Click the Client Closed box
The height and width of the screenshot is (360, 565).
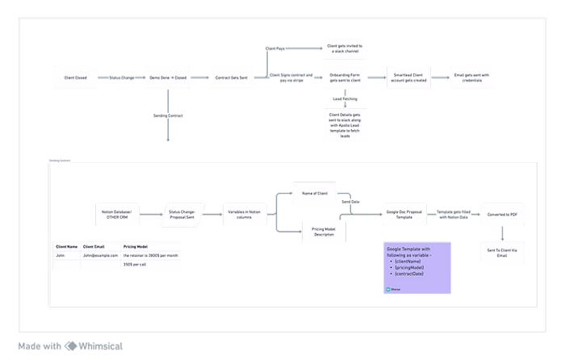pos(75,78)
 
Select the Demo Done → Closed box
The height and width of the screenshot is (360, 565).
pos(168,78)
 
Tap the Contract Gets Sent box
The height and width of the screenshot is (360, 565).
pos(232,78)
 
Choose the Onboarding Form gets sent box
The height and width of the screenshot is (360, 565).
pos(345,78)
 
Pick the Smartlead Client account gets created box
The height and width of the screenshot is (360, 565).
pos(409,78)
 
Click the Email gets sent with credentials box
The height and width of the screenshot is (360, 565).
pos(471,78)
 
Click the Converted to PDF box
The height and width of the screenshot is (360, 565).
pos(503,214)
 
